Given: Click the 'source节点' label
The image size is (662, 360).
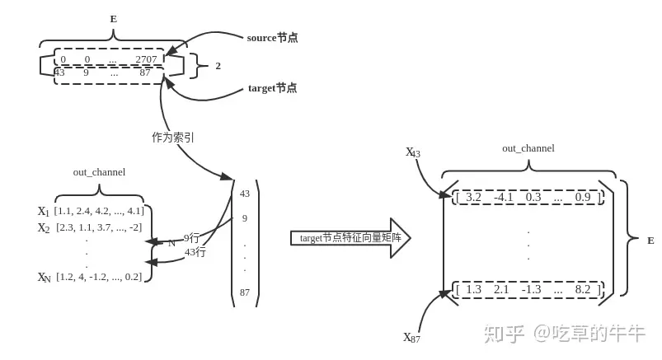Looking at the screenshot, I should (272, 38).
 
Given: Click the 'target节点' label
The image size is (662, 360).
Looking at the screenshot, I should (272, 88).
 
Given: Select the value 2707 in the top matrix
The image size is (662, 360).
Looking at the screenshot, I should (146, 59).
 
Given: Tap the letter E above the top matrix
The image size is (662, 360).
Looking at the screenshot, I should (114, 19).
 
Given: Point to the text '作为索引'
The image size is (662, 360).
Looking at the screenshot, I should (173, 138).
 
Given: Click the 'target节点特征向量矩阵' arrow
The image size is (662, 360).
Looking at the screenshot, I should (350, 238).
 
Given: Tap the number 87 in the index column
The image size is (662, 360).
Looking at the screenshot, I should (245, 292).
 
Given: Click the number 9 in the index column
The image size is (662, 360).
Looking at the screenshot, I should (245, 218).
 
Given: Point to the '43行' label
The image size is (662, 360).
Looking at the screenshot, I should (195, 252).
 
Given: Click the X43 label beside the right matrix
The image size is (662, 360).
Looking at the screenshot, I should (413, 153).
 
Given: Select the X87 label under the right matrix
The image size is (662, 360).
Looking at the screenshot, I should (411, 338).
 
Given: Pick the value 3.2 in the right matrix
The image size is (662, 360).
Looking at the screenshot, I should (473, 197).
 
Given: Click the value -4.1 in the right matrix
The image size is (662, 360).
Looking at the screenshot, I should (504, 197).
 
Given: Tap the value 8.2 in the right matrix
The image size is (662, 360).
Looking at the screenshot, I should (583, 289).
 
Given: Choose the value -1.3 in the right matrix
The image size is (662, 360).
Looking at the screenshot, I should (532, 289).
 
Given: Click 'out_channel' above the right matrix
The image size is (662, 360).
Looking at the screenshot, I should (528, 148).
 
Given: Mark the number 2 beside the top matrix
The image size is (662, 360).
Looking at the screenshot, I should (218, 66).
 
